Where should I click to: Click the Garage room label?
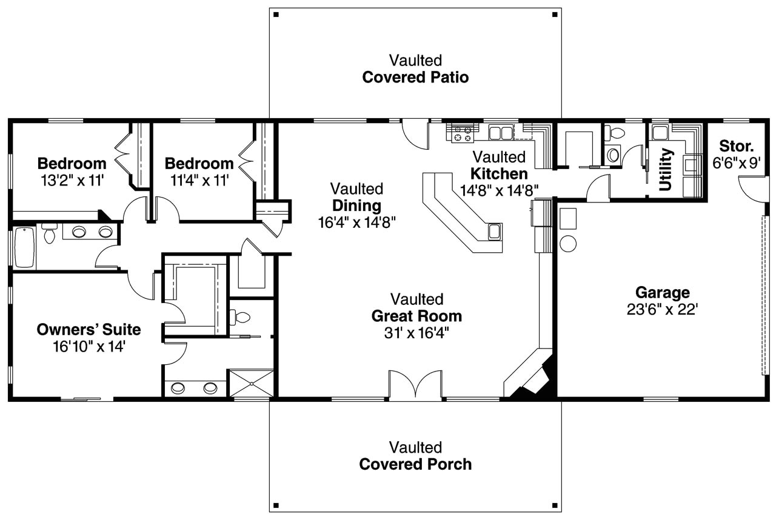(662, 293)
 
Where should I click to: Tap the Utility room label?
(666, 170)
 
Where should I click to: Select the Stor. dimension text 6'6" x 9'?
(736, 163)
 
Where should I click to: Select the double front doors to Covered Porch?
(415, 386)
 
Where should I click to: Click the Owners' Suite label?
(89, 330)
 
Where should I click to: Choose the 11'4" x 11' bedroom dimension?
(199, 180)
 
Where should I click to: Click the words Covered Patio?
(415, 78)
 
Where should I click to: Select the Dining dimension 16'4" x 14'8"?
(356, 222)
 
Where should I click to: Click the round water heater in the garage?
(568, 244)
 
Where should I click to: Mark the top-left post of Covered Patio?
(275, 14)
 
